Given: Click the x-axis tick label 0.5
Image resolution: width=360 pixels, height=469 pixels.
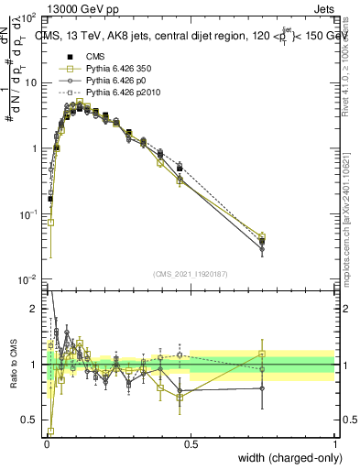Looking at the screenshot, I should [191, 444].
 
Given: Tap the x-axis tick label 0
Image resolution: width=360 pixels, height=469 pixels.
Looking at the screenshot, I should [46, 444].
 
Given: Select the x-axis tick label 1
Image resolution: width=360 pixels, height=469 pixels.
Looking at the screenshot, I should [335, 444].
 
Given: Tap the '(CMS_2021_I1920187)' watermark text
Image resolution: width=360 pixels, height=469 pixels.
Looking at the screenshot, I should [190, 273].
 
